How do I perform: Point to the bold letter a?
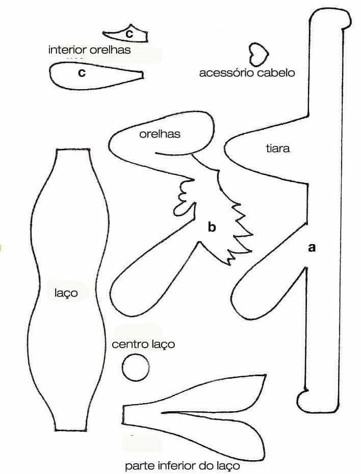point(312,247)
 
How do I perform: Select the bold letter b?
point(212,227)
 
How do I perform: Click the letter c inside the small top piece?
point(129,34)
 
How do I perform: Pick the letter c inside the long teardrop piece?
point(81,73)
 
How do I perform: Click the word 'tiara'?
point(277,149)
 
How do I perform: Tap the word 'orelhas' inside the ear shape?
point(160,134)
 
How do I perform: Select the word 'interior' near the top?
point(69,50)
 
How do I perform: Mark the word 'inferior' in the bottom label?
point(176,466)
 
